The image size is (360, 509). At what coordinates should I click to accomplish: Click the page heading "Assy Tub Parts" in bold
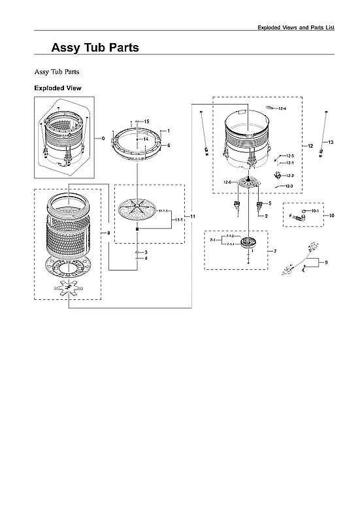point(95,48)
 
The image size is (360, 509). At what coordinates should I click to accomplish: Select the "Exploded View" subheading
point(57,88)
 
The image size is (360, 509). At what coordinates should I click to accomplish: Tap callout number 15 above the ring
point(146,122)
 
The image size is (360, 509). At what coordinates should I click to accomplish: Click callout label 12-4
point(282,108)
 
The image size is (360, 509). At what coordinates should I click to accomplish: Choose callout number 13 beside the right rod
point(331,142)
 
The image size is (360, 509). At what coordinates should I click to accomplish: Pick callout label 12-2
point(290,176)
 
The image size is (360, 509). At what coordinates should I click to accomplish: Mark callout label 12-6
point(228,182)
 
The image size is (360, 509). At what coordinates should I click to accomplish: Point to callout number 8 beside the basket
point(108,233)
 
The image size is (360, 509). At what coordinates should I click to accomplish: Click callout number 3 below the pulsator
point(146,252)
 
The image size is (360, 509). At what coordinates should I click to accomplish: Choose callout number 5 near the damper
point(269,204)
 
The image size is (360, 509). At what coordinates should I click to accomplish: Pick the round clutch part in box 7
point(248,244)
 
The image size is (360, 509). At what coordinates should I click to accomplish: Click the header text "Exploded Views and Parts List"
point(304,27)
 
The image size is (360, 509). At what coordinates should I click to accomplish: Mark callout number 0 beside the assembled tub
point(103,138)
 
